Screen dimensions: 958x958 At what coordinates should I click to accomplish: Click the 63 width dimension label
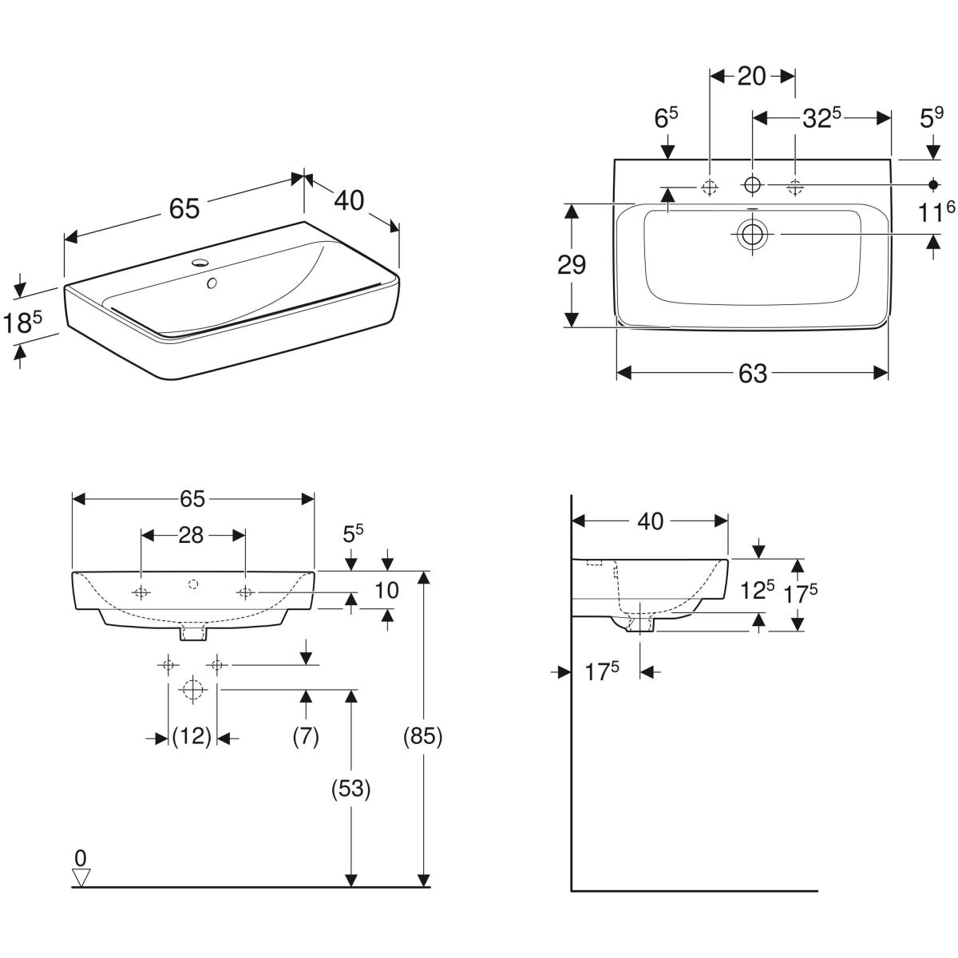[752, 373]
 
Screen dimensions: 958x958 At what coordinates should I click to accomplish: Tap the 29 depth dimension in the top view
[572, 264]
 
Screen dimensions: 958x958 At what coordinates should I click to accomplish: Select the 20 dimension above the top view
[751, 76]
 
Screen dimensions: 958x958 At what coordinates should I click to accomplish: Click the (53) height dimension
[350, 789]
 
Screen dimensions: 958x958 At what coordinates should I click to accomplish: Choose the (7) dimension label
[306, 736]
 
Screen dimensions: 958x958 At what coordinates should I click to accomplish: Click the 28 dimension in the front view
[191, 535]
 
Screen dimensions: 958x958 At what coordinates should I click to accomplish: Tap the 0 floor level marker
[80, 857]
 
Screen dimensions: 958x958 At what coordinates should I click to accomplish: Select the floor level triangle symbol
[81, 877]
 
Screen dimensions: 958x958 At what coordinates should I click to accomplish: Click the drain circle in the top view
[751, 234]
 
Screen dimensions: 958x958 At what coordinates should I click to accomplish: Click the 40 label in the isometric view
[349, 200]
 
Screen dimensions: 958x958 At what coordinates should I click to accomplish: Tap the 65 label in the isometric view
[184, 208]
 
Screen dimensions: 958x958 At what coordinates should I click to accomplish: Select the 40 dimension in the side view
[650, 521]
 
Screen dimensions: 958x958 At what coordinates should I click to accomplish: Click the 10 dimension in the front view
[386, 590]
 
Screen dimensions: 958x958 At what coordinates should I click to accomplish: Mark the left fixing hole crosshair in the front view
[141, 592]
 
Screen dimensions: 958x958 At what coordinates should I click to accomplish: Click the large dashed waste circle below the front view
[192, 688]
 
